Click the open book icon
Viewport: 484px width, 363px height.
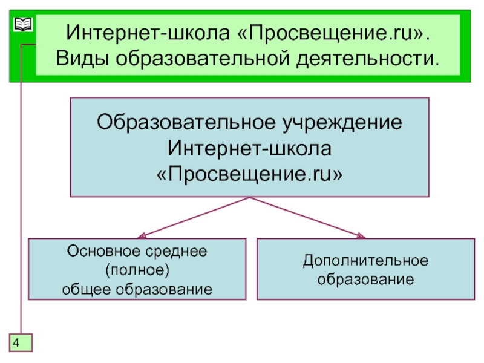(22, 25)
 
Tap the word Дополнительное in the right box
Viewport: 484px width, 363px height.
(365, 261)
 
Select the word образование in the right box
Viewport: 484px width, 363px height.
(365, 280)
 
